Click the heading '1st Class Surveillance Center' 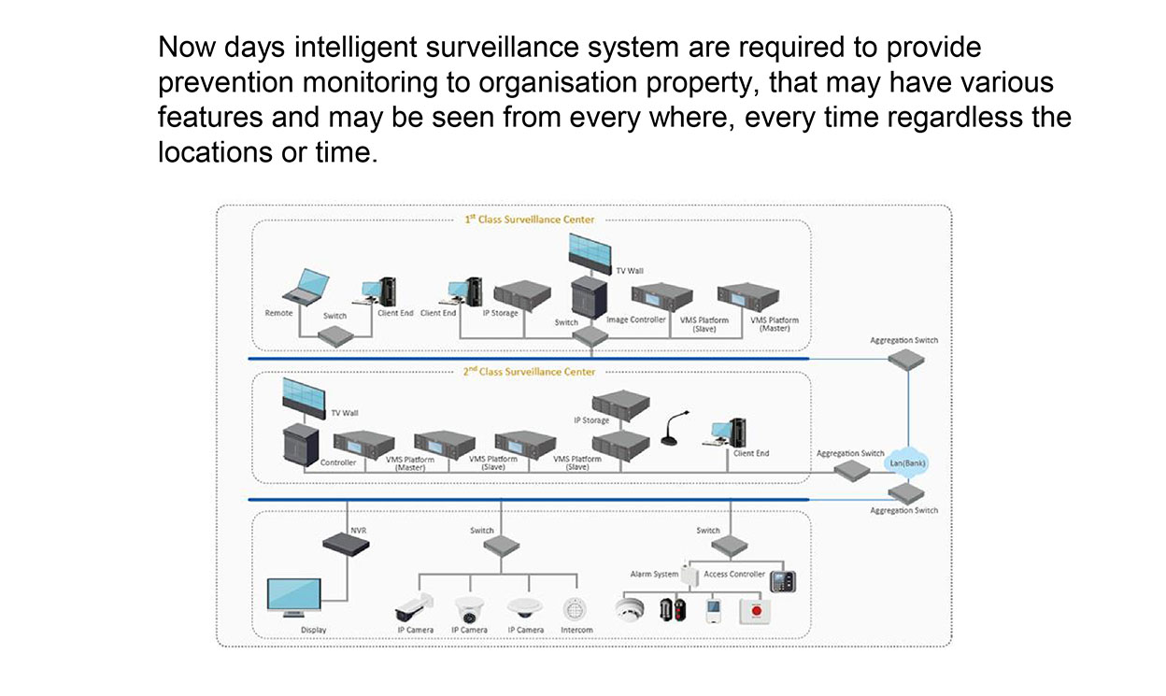[529, 220]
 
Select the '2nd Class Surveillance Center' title [529, 372]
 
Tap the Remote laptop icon [306, 287]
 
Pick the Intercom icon [576, 609]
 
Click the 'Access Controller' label [734, 574]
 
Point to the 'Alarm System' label [654, 574]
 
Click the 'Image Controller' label [635, 320]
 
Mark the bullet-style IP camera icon [414, 607]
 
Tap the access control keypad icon [781, 581]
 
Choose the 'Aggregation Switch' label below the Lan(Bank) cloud [903, 510]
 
